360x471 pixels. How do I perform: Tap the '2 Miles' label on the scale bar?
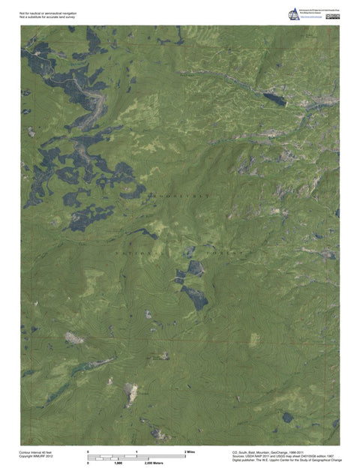(x=190, y=452)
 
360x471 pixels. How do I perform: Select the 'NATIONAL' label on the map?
(x=136, y=254)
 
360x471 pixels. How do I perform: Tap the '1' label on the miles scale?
(x=136, y=452)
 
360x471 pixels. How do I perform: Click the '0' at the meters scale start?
(x=89, y=464)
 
